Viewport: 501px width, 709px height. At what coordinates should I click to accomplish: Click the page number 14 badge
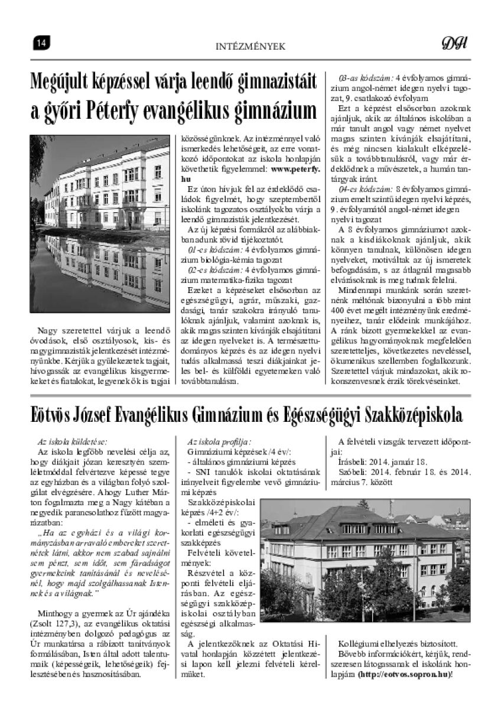pos(41,43)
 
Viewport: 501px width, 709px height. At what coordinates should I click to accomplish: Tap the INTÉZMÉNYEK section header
pos(250,44)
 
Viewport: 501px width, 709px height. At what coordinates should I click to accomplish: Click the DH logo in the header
pos(454,43)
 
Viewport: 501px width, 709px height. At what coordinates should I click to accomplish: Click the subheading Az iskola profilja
pos(219,441)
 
